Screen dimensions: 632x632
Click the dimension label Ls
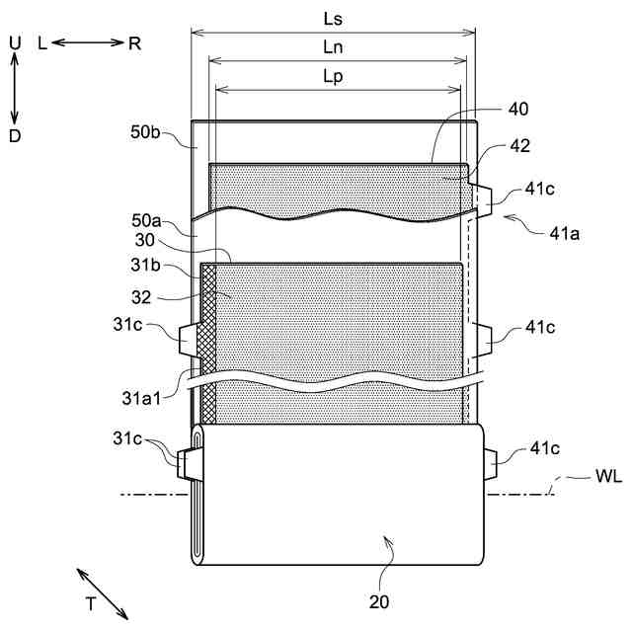[333, 19]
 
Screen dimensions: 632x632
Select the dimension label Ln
[333, 46]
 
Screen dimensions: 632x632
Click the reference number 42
[520, 145]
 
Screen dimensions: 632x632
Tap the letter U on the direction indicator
[14, 42]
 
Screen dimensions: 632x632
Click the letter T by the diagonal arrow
[91, 601]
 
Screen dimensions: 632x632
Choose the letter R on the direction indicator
[133, 43]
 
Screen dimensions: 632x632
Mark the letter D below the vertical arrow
[14, 136]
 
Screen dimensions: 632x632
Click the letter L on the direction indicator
[41, 43]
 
